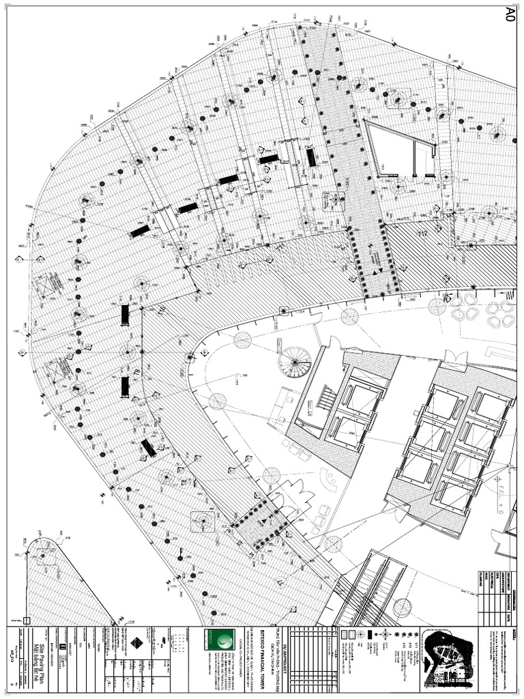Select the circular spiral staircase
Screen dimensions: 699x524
(x=295, y=360)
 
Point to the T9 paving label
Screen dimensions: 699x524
(x=136, y=371)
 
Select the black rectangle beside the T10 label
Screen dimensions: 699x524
(x=125, y=315)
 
